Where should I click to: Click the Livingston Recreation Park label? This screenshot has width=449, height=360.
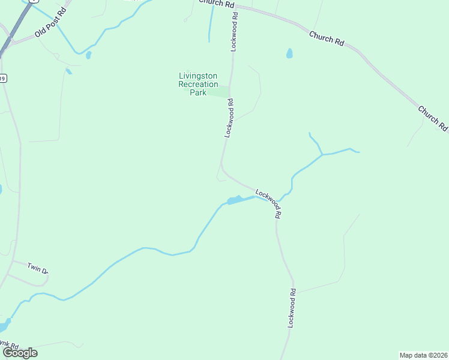pyautogui.click(x=198, y=84)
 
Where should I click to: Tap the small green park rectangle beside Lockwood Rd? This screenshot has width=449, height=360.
pyautogui.click(x=221, y=92)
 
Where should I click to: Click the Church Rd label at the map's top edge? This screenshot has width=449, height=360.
pyautogui.click(x=217, y=4)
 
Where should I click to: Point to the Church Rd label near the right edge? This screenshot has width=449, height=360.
pyautogui.click(x=433, y=118)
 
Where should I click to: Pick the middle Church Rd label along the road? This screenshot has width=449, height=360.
pyautogui.click(x=327, y=39)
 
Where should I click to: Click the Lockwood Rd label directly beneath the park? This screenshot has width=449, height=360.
pyautogui.click(x=229, y=119)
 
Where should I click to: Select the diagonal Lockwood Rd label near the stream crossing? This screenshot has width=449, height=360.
pyautogui.click(x=269, y=203)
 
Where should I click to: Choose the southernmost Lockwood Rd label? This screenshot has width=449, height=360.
pyautogui.click(x=292, y=308)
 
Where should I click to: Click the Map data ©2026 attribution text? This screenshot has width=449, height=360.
pyautogui.click(x=423, y=355)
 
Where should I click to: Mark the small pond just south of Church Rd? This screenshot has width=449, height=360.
pyautogui.click(x=289, y=53)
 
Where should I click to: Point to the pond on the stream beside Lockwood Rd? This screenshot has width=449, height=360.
pyautogui.click(x=235, y=200)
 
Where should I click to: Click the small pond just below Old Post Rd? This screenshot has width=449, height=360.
pyautogui.click(x=88, y=55)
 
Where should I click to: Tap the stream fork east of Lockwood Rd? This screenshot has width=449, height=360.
pyautogui.click(x=322, y=154)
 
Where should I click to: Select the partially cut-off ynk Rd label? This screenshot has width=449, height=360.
pyautogui.click(x=8, y=346)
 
